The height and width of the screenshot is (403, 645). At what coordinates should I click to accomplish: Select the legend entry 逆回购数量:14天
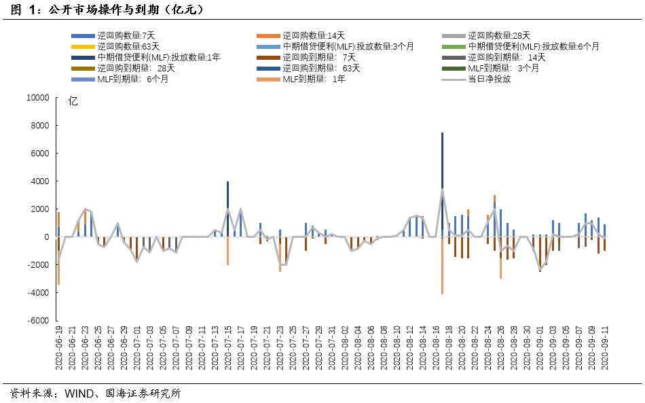pos(314,35)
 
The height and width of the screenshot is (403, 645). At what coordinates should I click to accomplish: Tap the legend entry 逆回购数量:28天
pos(499,35)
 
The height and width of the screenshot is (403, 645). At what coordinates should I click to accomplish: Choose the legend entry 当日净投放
pos(490,79)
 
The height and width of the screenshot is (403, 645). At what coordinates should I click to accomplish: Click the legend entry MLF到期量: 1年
pos(314,79)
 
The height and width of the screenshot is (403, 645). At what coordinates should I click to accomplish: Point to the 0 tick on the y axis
pos(47,237)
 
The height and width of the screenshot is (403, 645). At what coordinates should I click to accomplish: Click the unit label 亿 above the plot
pos(73,102)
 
